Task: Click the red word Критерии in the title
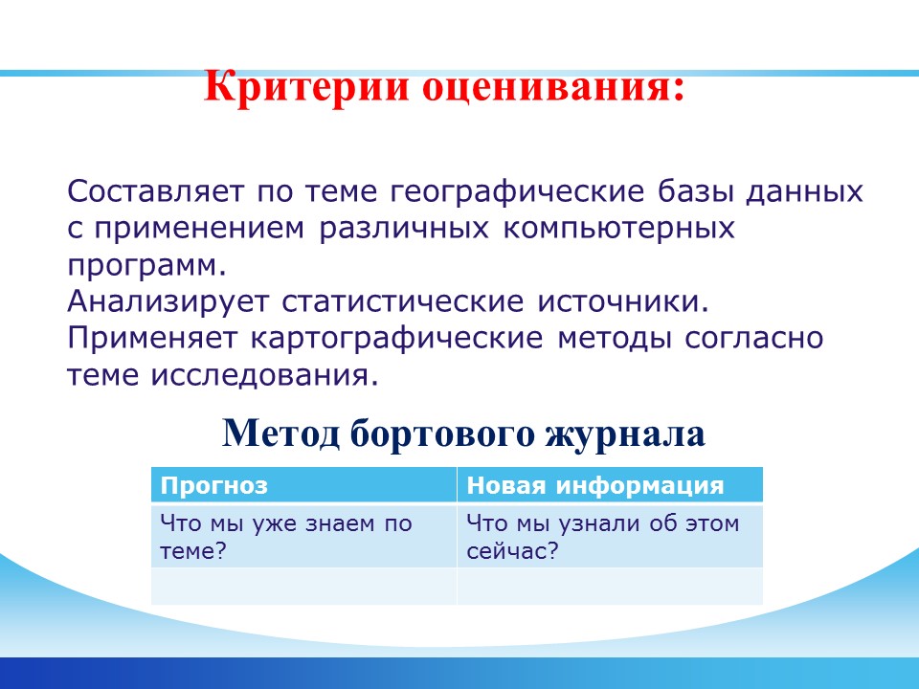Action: click(x=306, y=88)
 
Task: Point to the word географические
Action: click(x=517, y=192)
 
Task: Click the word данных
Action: click(x=804, y=192)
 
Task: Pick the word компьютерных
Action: click(x=618, y=228)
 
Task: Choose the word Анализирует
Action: click(x=168, y=301)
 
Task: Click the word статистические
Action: click(x=403, y=301)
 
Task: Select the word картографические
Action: click(x=396, y=339)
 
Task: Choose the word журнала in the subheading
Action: click(x=625, y=434)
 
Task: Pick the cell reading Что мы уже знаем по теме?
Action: click(x=303, y=536)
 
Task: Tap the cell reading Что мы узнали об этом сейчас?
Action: click(x=610, y=536)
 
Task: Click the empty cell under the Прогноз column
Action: click(x=303, y=587)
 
